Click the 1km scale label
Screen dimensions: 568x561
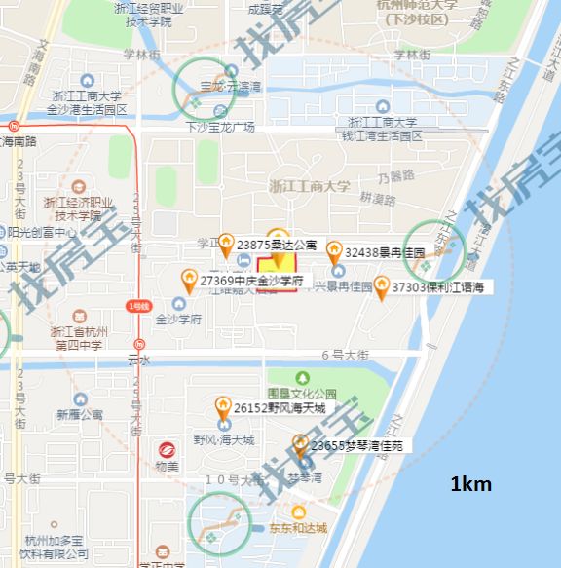(x=470, y=484)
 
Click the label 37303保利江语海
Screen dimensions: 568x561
(x=438, y=287)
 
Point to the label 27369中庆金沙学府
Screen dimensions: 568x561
(x=252, y=281)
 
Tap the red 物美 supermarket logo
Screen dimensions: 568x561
(x=167, y=451)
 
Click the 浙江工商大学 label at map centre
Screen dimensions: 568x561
(x=309, y=187)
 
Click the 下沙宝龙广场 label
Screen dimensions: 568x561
(x=220, y=128)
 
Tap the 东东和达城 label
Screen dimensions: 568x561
(x=298, y=529)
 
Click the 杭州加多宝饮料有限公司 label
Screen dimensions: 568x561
(x=58, y=547)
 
